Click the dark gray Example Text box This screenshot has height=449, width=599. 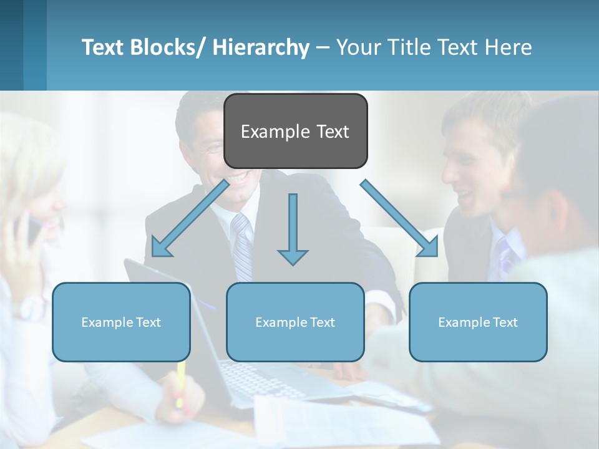pyautogui.click(x=295, y=131)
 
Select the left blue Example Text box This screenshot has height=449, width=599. pyautogui.click(x=121, y=322)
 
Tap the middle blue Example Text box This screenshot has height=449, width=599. pyautogui.click(x=295, y=322)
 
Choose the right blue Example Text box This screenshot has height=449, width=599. pyautogui.click(x=478, y=322)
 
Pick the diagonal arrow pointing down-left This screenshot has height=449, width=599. pyautogui.click(x=190, y=218)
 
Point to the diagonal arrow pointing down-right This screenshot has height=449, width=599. pyautogui.click(x=399, y=218)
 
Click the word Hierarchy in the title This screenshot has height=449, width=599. pyautogui.click(x=261, y=47)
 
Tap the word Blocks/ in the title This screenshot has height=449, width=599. pyautogui.click(x=169, y=47)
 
